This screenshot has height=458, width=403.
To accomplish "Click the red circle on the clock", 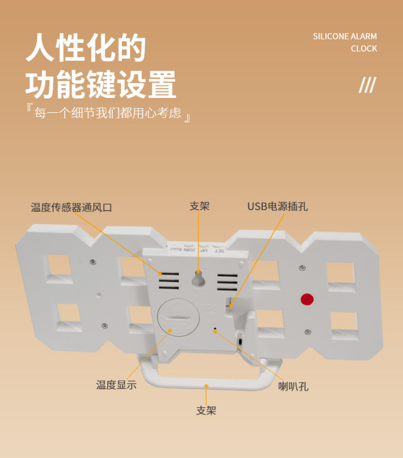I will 307,299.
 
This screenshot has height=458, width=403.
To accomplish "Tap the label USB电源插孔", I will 278,207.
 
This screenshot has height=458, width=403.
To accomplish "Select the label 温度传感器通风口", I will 72,207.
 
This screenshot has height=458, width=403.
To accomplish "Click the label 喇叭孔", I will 294,386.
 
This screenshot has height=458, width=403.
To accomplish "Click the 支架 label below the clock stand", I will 206,410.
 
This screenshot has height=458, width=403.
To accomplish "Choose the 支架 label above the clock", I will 199,206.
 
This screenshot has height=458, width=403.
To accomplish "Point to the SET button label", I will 219,251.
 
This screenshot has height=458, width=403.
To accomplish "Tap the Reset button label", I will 175,249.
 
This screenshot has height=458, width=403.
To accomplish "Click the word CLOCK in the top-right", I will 364,49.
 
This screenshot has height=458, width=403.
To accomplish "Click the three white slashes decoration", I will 367,85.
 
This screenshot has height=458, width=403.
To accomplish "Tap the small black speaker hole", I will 215,330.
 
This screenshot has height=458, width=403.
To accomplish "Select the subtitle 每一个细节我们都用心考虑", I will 108,113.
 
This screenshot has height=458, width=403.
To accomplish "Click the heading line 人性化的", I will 86,49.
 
